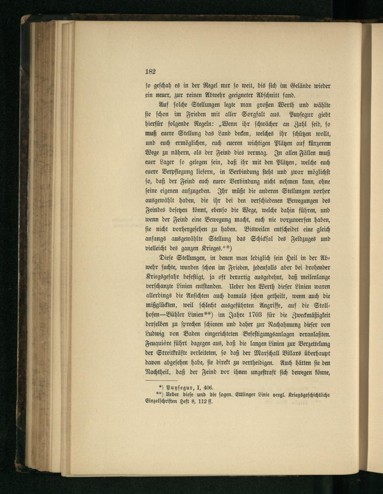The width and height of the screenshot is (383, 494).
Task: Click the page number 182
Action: pyautogui.click(x=150, y=71)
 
